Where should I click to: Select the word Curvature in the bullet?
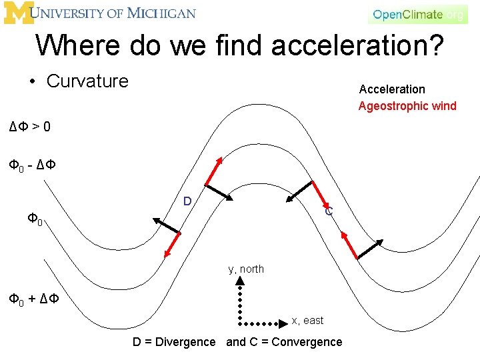[87, 81]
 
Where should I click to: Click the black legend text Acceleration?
[392, 89]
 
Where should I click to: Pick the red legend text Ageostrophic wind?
[407, 106]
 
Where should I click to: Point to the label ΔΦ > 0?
[29, 126]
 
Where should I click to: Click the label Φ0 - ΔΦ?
[32, 165]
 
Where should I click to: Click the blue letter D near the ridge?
[187, 201]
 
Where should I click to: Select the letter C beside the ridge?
[329, 212]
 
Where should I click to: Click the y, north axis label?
[246, 269]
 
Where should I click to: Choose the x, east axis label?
[307, 321]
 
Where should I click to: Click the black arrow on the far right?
[371, 249]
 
